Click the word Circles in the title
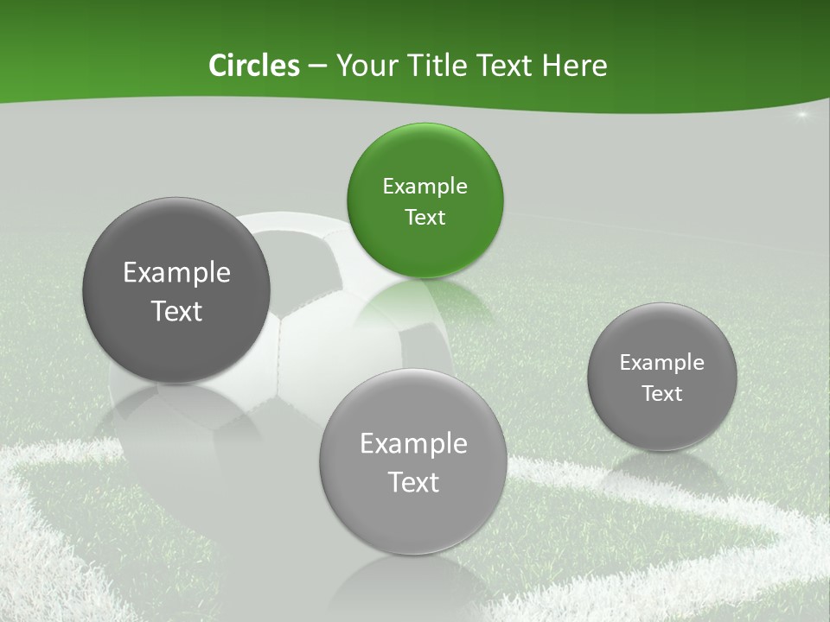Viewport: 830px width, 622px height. [253, 66]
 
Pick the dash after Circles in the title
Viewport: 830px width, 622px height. [317, 67]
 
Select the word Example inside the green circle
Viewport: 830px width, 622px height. [425, 186]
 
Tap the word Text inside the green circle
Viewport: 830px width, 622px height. [425, 217]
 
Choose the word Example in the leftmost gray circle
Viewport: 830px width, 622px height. [176, 272]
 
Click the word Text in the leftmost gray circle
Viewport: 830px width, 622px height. [176, 311]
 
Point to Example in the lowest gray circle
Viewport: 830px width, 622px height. [413, 443]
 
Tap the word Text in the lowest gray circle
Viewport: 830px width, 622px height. [413, 482]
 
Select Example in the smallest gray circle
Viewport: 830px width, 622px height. [661, 362]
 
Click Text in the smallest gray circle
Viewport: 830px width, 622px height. [661, 393]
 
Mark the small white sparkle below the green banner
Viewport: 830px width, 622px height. [801, 115]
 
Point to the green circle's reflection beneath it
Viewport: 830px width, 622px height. [425, 298]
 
